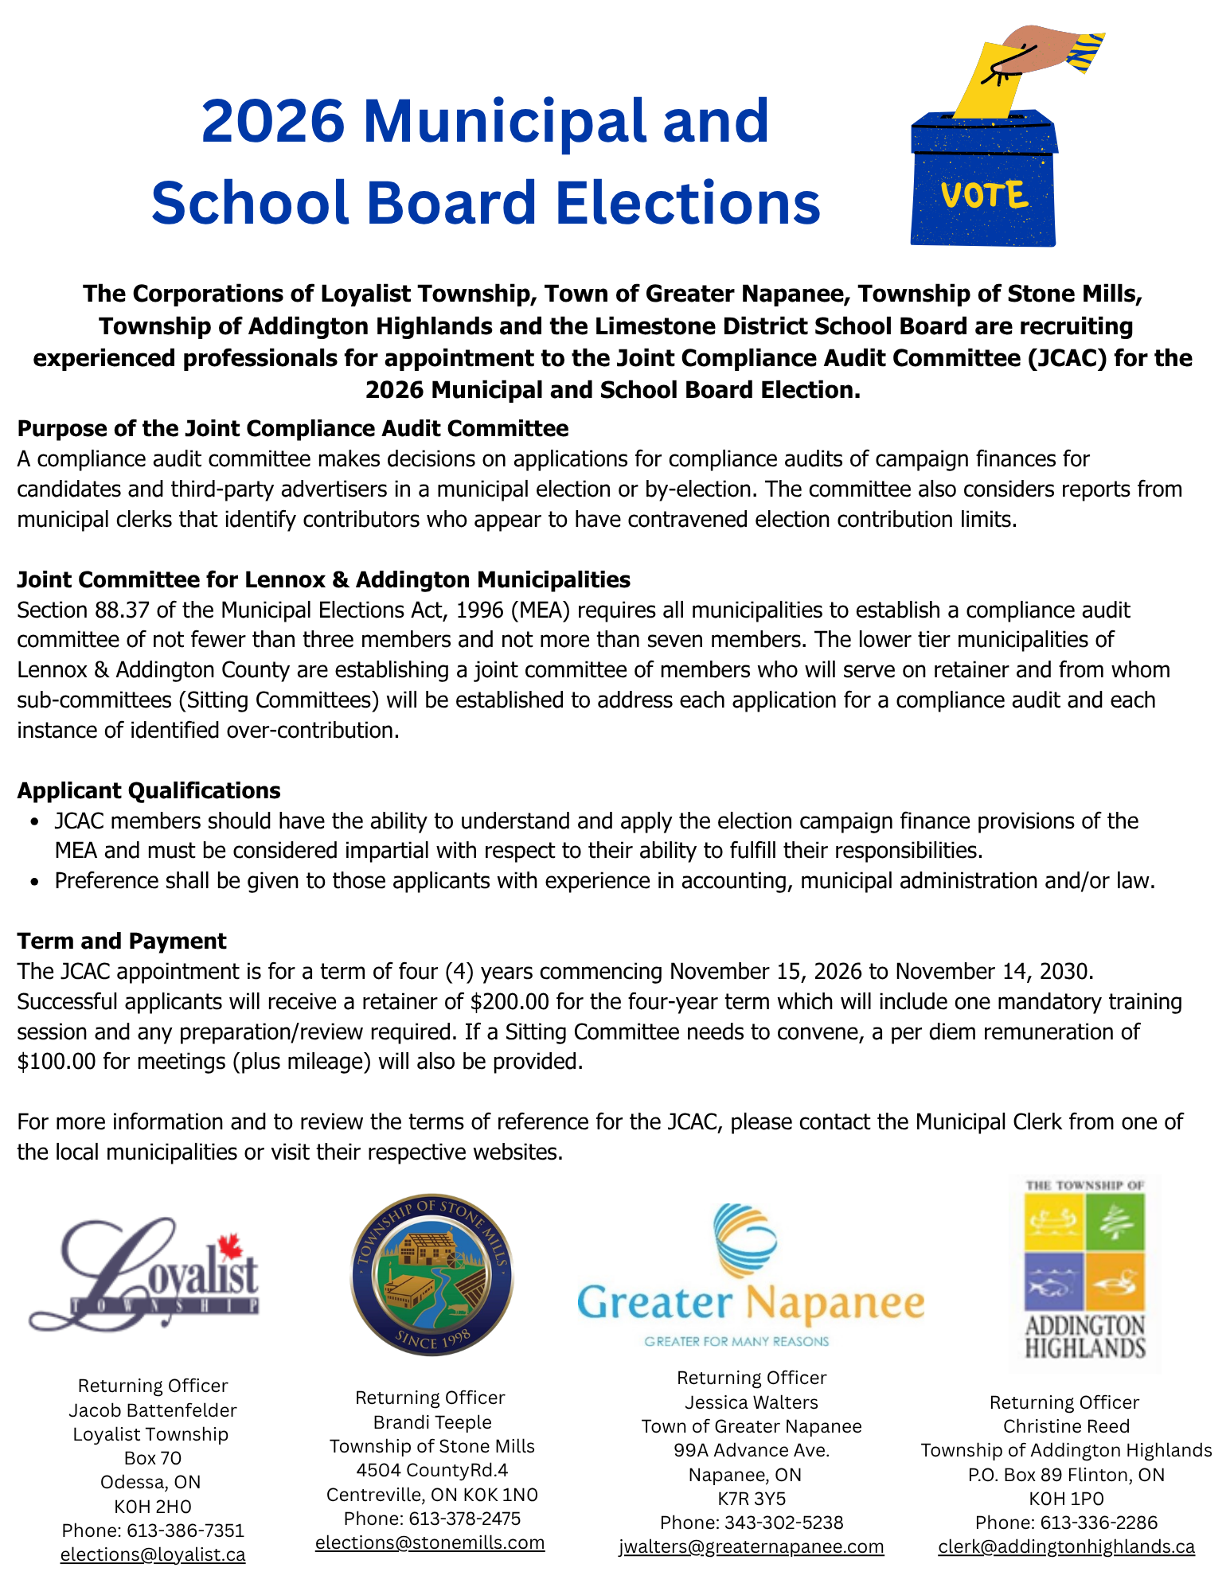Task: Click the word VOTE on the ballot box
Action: point(984,195)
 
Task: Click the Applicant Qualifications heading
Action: point(149,790)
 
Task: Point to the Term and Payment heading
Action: point(122,941)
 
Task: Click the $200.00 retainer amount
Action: point(504,1001)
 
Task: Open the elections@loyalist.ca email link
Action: point(153,1554)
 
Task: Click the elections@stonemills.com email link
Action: point(430,1542)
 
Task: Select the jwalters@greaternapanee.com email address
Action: point(752,1546)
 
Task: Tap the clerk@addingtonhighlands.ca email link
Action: point(1066,1546)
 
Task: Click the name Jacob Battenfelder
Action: point(153,1410)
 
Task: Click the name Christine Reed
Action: point(1066,1426)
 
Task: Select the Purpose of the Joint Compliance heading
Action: point(293,428)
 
